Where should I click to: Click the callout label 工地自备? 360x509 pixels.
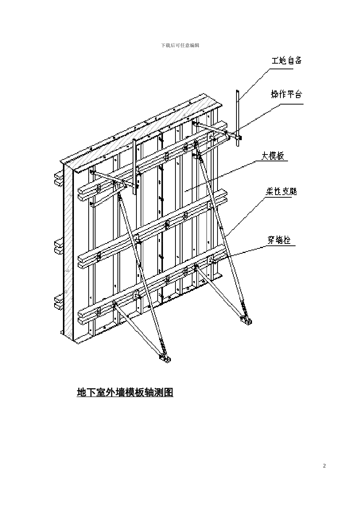click(x=286, y=61)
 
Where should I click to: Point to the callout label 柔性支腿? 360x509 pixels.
click(x=281, y=191)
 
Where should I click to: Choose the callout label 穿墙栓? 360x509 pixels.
click(x=279, y=240)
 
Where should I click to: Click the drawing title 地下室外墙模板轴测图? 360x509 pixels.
click(x=125, y=392)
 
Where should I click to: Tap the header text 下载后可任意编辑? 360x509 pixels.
click(x=180, y=45)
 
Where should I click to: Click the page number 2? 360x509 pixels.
click(x=324, y=465)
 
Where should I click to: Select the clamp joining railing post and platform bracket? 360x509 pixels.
click(x=238, y=137)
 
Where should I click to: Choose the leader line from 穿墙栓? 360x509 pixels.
click(x=243, y=252)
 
